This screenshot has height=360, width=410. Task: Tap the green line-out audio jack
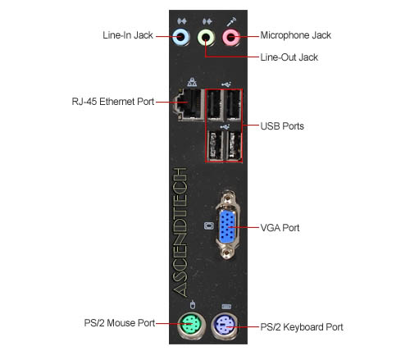pos(206,37)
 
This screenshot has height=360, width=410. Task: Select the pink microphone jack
pos(231,37)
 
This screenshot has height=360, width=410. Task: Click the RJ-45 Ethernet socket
pos(189,104)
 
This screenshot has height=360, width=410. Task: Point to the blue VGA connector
pos(227,226)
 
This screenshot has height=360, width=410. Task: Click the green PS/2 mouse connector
pos(191,325)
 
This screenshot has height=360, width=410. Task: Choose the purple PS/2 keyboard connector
pos(225,326)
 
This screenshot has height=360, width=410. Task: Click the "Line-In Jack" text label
pos(128,35)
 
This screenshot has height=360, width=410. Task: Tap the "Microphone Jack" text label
pos(295,35)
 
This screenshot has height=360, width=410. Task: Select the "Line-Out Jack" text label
pos(289,57)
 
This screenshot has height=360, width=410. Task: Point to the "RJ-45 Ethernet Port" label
pos(113,102)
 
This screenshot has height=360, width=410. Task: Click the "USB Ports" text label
pos(282,126)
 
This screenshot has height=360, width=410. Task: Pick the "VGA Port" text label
pos(280,228)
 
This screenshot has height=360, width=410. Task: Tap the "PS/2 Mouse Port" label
pos(120,323)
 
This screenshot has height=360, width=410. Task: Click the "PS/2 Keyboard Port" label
pos(302,327)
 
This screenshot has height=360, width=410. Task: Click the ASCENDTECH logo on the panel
pos(180,232)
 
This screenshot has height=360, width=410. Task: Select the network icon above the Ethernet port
pos(192,81)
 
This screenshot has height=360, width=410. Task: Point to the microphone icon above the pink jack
pos(231,21)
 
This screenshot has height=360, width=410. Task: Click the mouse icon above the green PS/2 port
pos(193,304)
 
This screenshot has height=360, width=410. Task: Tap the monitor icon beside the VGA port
pos(209,226)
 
